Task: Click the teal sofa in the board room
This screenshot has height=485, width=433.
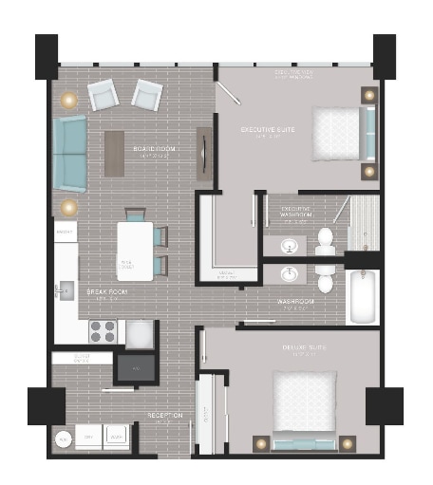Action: click(x=68, y=152)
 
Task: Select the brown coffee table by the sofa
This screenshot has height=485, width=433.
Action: click(x=115, y=153)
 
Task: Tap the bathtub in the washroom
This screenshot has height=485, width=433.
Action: click(x=363, y=296)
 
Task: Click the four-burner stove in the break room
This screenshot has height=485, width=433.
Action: click(x=103, y=331)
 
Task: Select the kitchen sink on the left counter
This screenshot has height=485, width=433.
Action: click(x=64, y=289)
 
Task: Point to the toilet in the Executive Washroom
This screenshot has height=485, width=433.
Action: click(x=326, y=242)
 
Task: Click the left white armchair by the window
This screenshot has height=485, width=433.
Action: click(x=103, y=93)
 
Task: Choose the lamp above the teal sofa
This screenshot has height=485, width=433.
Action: click(x=67, y=99)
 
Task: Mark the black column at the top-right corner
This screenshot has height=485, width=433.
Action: click(x=384, y=55)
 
